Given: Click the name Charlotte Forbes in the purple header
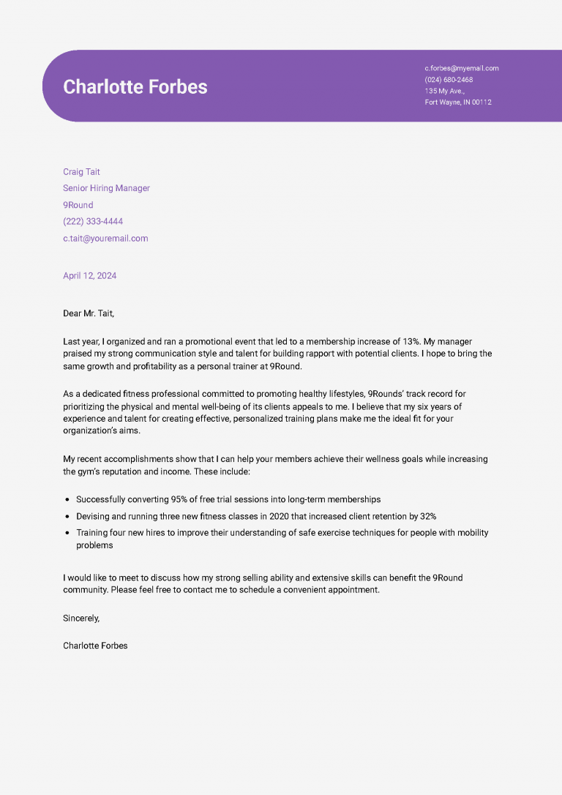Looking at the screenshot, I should click(135, 86).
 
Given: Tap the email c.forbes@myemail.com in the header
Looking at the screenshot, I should click(461, 68).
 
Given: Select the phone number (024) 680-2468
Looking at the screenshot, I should click(449, 80).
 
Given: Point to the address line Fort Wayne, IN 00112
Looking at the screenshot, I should click(458, 102).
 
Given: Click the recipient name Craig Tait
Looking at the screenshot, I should click(81, 172).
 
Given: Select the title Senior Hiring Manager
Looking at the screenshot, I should click(106, 188).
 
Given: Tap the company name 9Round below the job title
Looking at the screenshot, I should click(78, 205).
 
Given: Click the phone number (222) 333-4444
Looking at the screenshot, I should click(93, 221).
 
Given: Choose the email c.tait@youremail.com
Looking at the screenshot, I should click(105, 238).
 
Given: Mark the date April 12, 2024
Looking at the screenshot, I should click(89, 276).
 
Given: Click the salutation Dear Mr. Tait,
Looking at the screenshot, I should click(89, 313).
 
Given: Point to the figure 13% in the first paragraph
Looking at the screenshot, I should click(411, 342).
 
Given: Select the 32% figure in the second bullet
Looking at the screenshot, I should click(427, 516).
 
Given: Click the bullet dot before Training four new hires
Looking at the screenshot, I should click(67, 533).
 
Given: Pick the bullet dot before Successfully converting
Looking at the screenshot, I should click(67, 499).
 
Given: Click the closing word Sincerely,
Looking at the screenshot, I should click(81, 618).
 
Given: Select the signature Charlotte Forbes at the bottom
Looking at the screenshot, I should click(95, 646).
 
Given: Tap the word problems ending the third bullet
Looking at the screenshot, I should click(94, 545).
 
